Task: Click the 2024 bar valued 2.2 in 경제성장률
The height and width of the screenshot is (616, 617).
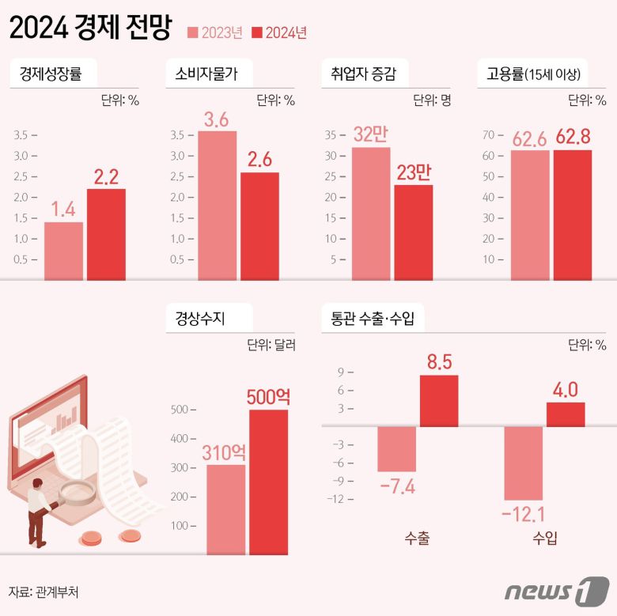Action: pos(106,234)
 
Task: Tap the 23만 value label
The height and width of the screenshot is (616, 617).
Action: pos(414,172)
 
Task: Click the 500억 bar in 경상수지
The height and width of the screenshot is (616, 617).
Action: pos(268,482)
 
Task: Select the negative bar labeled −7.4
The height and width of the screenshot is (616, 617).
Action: pos(396,448)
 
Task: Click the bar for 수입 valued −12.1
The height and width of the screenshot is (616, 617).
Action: pos(524,463)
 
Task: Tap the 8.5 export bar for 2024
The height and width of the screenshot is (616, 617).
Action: pos(439,400)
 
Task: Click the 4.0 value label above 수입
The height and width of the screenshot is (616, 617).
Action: pos(566,389)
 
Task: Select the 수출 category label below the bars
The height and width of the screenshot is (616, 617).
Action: pos(416,539)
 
